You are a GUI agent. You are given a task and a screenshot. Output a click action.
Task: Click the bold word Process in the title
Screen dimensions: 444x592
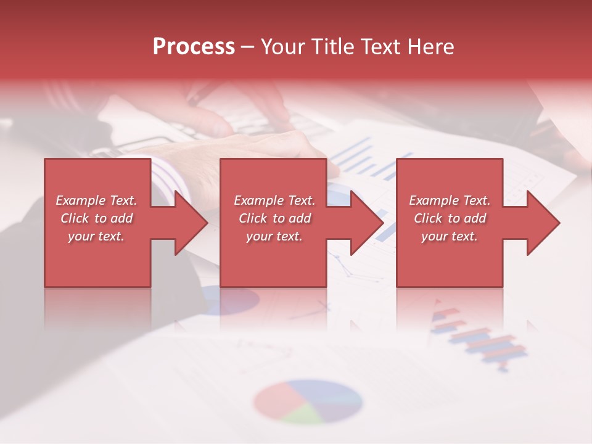[x=194, y=47]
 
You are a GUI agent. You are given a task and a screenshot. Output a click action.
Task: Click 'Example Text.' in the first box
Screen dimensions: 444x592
[x=96, y=200]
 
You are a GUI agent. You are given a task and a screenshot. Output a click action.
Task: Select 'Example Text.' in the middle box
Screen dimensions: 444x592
[x=274, y=200]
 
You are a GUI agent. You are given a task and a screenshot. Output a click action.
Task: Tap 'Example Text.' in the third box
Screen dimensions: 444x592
[x=450, y=200]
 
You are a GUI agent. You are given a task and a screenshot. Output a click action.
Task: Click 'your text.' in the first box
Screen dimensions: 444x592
[x=96, y=236]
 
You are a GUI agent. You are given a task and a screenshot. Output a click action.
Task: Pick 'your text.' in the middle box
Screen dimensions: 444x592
[x=274, y=236]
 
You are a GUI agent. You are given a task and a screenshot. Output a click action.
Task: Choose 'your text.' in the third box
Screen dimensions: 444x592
[x=450, y=236]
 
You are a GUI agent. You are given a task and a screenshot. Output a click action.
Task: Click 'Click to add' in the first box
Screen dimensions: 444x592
[x=96, y=218]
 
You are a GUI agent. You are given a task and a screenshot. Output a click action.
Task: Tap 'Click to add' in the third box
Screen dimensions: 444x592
[x=450, y=218]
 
